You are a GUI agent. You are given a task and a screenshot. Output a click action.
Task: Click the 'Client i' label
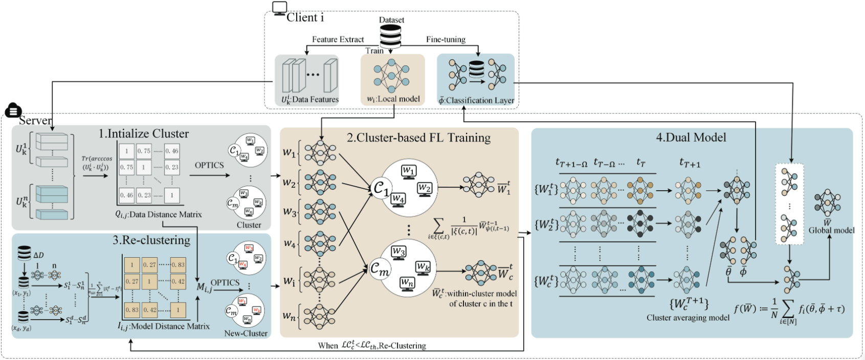(x=305, y=17)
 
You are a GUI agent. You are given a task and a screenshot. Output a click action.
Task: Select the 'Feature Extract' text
(x=338, y=39)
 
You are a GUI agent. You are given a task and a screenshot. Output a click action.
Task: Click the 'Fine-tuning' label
(x=446, y=39)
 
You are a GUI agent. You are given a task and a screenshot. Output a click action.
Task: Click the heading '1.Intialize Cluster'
(x=143, y=134)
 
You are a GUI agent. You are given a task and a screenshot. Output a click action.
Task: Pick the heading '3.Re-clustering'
(x=151, y=240)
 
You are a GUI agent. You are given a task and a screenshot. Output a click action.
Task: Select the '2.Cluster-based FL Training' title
(x=418, y=138)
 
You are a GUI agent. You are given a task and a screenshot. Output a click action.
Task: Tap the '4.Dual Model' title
(x=691, y=137)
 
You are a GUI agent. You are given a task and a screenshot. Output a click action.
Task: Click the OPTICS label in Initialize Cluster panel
(x=209, y=165)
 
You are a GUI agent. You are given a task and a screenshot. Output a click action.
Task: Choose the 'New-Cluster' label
(x=246, y=333)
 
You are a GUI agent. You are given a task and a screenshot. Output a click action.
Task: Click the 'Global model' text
(x=831, y=230)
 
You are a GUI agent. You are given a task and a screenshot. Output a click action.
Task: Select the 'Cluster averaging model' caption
(x=687, y=318)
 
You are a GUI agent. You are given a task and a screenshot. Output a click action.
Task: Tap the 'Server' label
(x=35, y=121)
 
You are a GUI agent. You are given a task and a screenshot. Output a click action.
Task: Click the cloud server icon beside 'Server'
(x=13, y=110)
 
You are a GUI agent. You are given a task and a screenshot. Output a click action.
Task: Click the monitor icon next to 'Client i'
(x=279, y=8)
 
